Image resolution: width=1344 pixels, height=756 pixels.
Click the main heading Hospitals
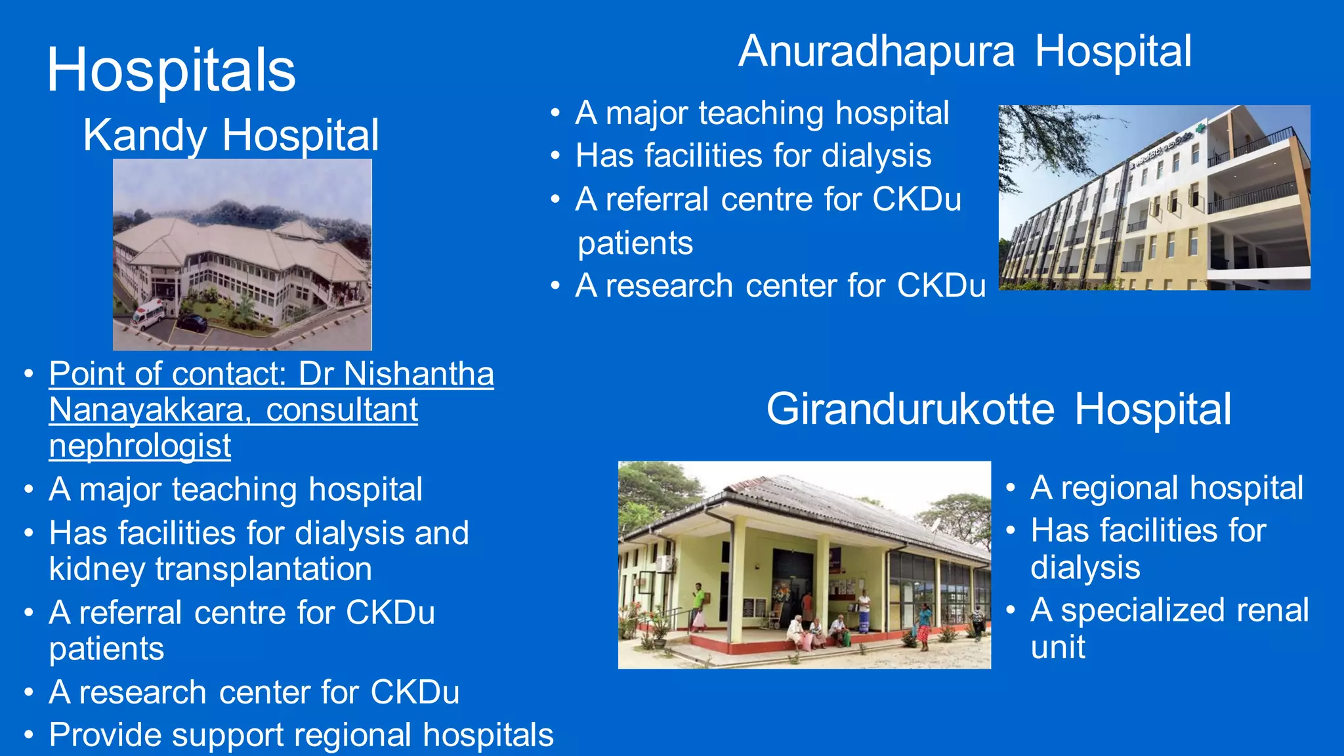(x=171, y=70)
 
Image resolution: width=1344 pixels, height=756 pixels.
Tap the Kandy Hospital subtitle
(x=231, y=135)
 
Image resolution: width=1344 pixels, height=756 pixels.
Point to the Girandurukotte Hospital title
(x=998, y=409)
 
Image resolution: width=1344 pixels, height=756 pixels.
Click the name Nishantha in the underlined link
(x=419, y=374)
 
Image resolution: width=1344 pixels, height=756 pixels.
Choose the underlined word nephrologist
(x=140, y=446)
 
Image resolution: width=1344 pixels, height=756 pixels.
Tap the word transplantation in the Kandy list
(x=263, y=569)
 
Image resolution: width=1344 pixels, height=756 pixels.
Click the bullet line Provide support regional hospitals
(x=301, y=735)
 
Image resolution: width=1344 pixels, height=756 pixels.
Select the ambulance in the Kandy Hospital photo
(x=148, y=314)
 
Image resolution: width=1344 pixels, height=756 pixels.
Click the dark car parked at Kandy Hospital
(x=192, y=322)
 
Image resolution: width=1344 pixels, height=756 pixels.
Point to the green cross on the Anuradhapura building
(x=1200, y=129)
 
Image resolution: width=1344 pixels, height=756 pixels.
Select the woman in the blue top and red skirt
(x=923, y=623)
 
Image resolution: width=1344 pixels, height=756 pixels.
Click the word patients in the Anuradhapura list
(x=635, y=243)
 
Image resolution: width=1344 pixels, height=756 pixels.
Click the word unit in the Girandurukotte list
(x=1057, y=647)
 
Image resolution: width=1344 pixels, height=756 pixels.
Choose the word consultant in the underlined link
(x=342, y=410)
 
